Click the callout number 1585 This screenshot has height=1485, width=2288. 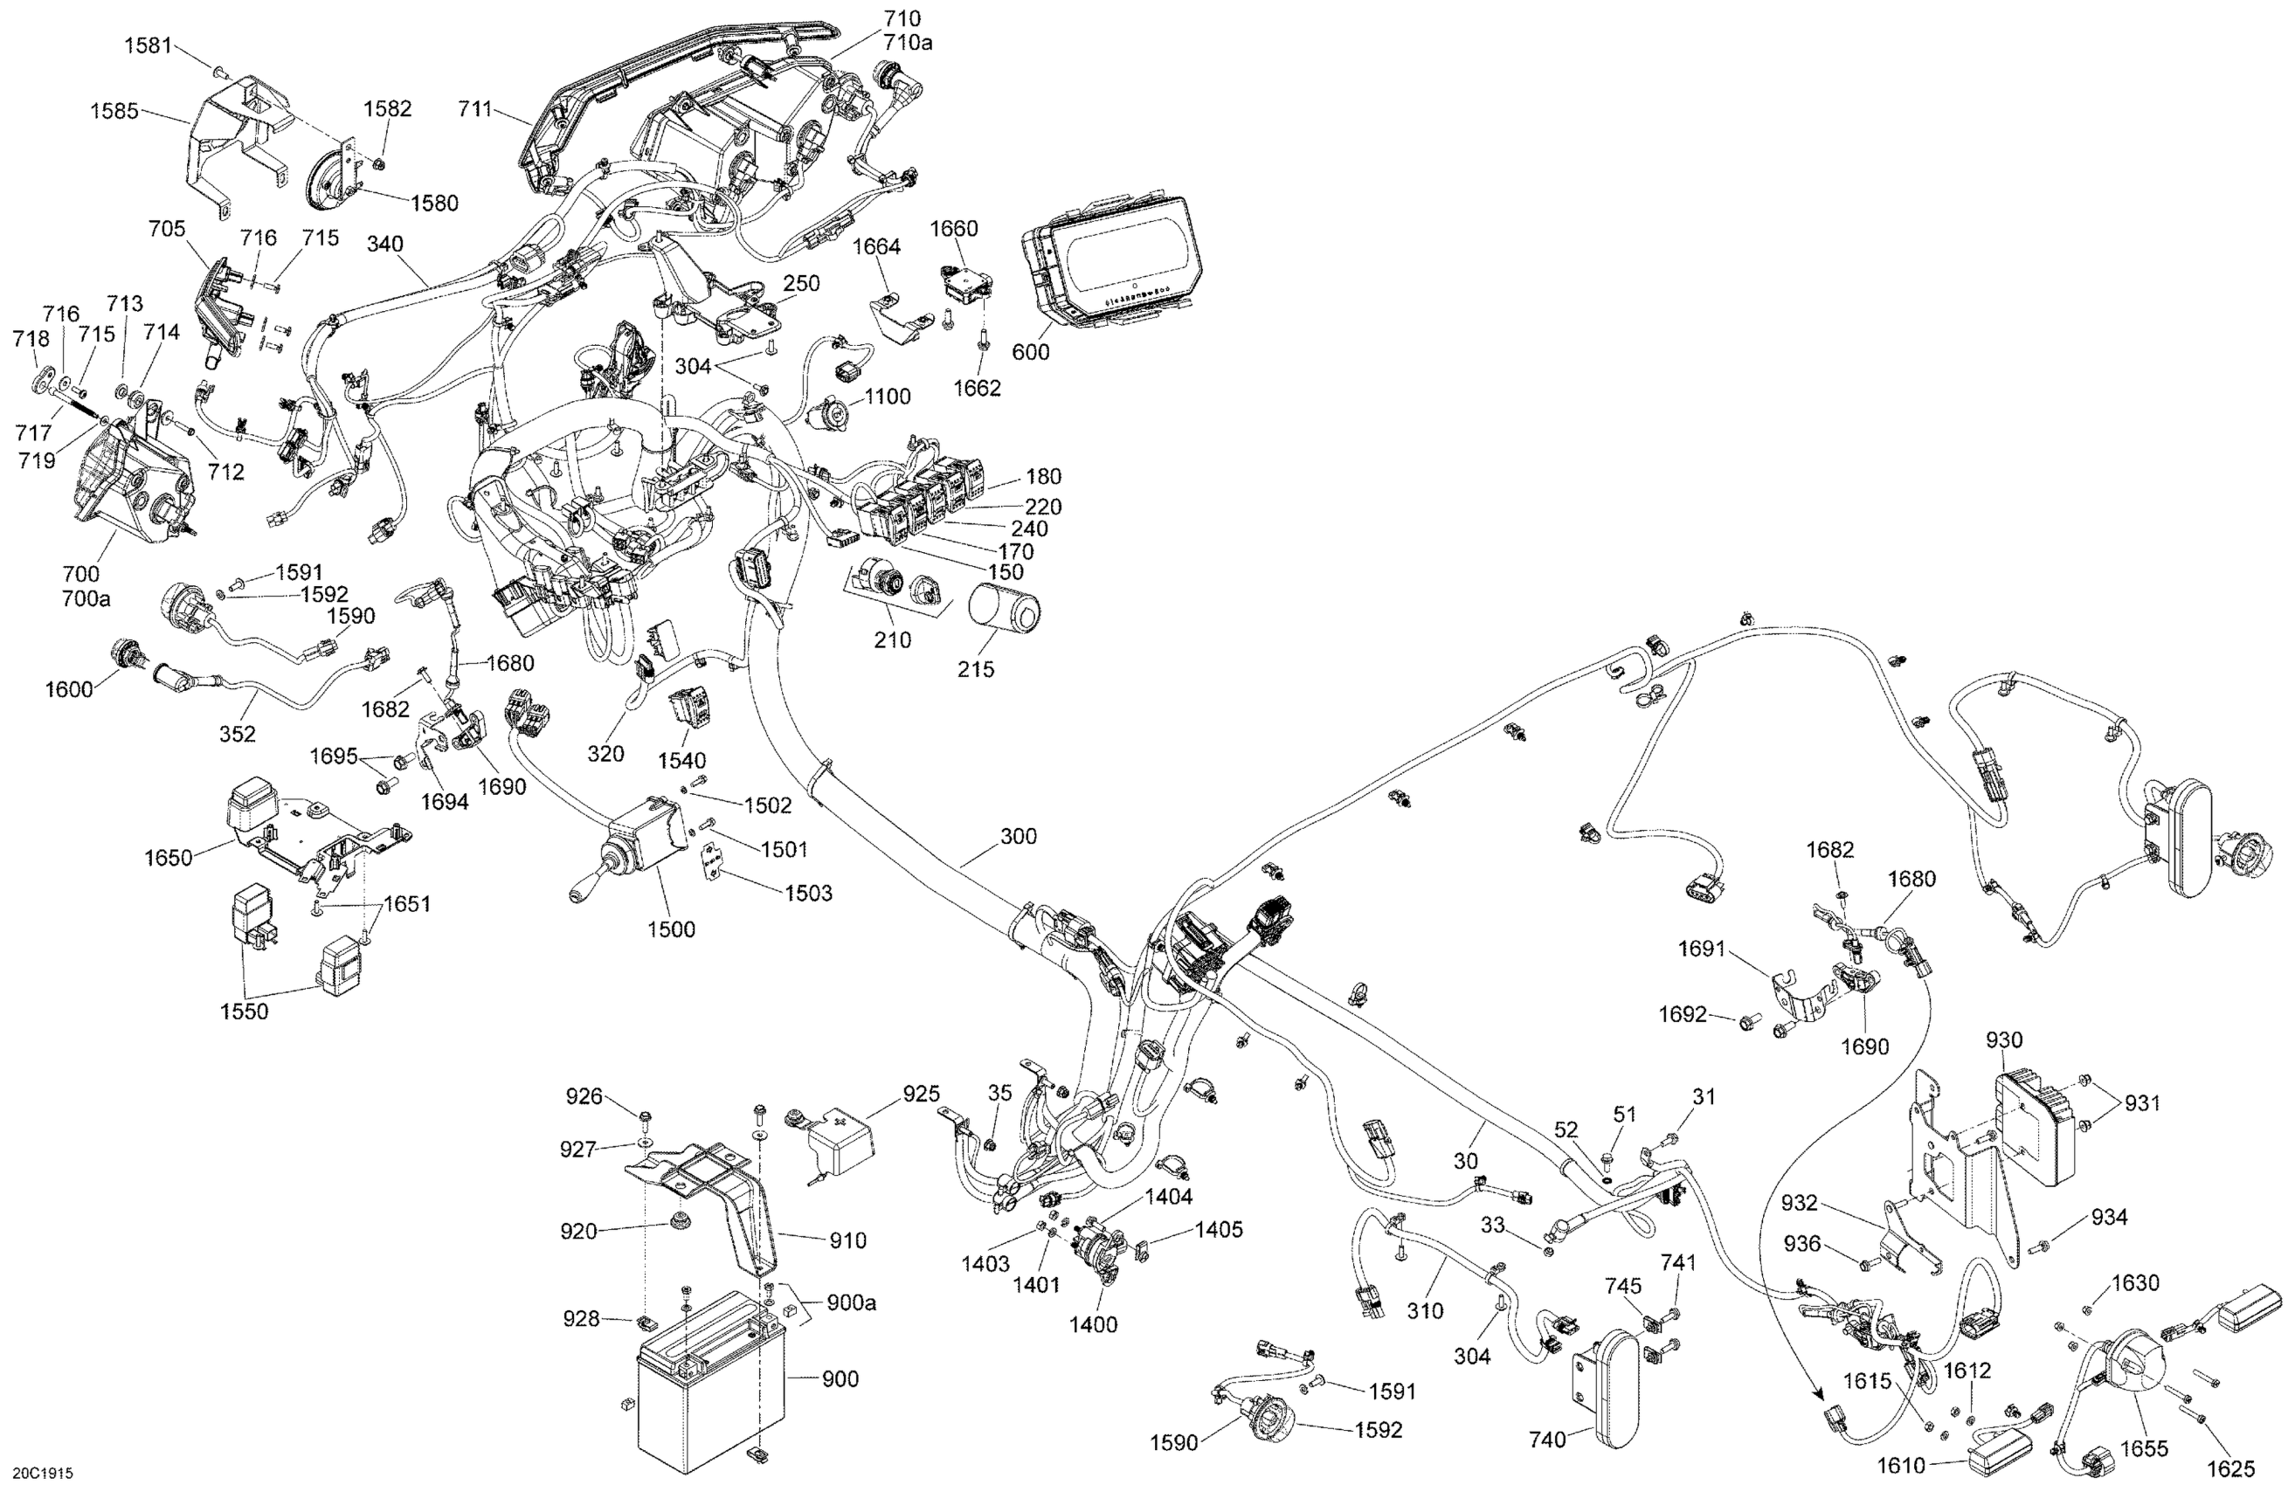(x=114, y=111)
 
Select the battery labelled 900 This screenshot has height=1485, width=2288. (x=711, y=1380)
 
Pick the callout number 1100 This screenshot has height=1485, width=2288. (x=888, y=396)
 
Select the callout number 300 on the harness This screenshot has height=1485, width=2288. (x=1018, y=836)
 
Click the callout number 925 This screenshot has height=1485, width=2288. (x=921, y=1094)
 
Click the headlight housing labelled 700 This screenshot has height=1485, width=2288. (x=130, y=476)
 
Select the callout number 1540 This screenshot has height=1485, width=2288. (x=681, y=761)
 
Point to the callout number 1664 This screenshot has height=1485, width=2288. (x=875, y=246)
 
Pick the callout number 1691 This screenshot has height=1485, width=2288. (x=1702, y=949)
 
